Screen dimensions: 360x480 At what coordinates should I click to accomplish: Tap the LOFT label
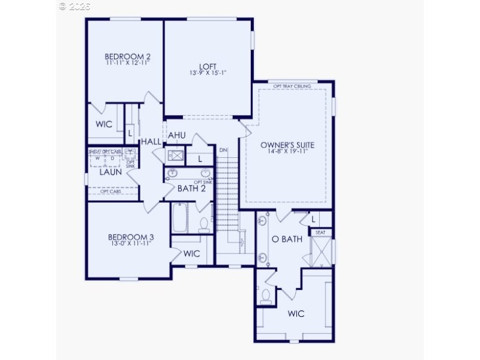[x=208, y=66]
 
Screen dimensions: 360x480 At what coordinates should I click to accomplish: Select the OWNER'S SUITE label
[x=287, y=145]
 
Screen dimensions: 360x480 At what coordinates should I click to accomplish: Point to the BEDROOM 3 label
[x=127, y=236]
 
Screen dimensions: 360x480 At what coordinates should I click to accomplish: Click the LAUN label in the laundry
[x=110, y=172]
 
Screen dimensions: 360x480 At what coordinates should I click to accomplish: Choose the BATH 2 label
[x=191, y=188]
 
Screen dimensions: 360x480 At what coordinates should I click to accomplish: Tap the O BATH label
[x=287, y=239]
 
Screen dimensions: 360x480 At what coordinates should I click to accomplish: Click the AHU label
[x=176, y=136]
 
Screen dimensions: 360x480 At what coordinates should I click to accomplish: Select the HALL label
[x=151, y=141]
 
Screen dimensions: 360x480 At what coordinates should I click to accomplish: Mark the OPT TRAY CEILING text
[x=292, y=86]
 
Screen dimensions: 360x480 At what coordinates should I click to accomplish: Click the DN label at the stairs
[x=223, y=149]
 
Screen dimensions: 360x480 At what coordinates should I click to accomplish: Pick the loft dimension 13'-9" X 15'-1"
[x=208, y=73]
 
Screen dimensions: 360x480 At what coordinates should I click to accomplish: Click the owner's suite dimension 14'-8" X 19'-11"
[x=287, y=152]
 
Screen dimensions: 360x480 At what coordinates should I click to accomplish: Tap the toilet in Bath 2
[x=203, y=223]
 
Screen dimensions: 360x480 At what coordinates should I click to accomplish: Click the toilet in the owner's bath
[x=266, y=296]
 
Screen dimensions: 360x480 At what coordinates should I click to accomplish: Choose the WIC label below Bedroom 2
[x=104, y=125]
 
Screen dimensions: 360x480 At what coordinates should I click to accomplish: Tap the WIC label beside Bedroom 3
[x=191, y=254]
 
